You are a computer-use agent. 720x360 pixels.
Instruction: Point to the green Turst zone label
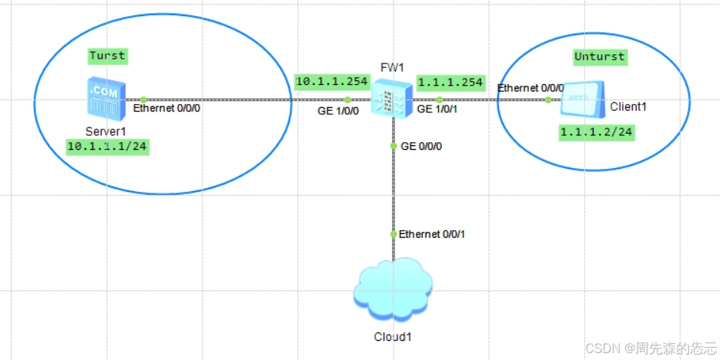pyautogui.click(x=107, y=56)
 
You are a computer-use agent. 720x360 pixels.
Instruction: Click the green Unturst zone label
pyautogui.click(x=599, y=57)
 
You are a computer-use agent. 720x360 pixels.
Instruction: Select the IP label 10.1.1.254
pyautogui.click(x=332, y=81)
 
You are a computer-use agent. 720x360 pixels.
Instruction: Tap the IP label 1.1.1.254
pyautogui.click(x=451, y=83)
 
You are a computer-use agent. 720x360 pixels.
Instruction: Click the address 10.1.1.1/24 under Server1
pyautogui.click(x=106, y=146)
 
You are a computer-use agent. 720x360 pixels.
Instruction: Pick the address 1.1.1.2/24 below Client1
pyautogui.click(x=597, y=132)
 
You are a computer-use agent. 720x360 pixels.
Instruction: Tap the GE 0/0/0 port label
pyautogui.click(x=421, y=145)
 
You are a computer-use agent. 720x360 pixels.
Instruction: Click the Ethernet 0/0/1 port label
pyautogui.click(x=432, y=234)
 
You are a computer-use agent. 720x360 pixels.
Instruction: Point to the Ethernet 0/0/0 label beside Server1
pyautogui.click(x=168, y=109)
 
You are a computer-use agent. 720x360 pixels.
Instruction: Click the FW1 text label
pyautogui.click(x=392, y=67)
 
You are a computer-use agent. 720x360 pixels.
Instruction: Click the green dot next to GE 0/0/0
pyautogui.click(x=393, y=145)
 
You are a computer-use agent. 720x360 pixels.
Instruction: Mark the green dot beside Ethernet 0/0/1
pyautogui.click(x=393, y=234)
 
